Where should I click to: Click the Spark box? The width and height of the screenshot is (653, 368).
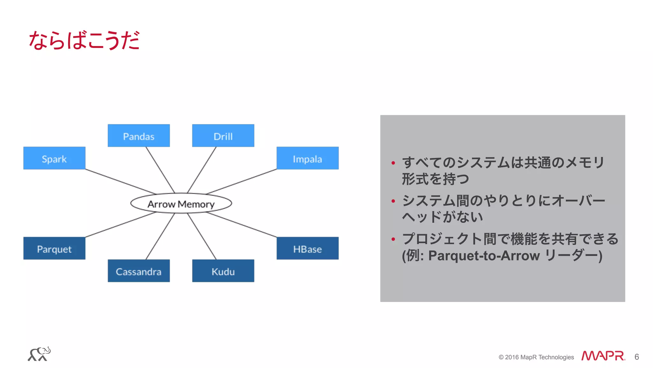54,158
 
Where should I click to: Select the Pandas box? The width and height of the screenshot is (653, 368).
139,136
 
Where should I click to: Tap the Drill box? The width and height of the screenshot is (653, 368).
223,136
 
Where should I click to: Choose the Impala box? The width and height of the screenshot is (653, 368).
307,158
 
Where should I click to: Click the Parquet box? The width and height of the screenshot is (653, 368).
54,248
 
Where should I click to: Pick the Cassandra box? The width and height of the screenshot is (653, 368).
139,271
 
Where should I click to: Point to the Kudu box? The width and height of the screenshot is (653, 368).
223,271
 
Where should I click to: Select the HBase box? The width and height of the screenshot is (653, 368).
307,248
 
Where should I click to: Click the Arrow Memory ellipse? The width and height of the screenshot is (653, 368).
181,203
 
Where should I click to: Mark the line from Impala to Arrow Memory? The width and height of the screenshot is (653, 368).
242,181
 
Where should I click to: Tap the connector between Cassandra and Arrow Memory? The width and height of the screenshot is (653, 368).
160,236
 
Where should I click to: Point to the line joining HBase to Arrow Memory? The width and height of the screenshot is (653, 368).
242,225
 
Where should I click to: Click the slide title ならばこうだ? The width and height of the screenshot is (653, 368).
84,41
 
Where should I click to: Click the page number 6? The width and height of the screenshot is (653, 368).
636,357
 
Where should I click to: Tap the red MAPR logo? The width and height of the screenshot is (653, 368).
603,356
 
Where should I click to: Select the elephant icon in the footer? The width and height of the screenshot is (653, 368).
39,354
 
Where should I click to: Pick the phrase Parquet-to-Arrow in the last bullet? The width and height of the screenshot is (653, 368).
484,256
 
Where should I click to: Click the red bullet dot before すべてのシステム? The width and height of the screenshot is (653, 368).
393,163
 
